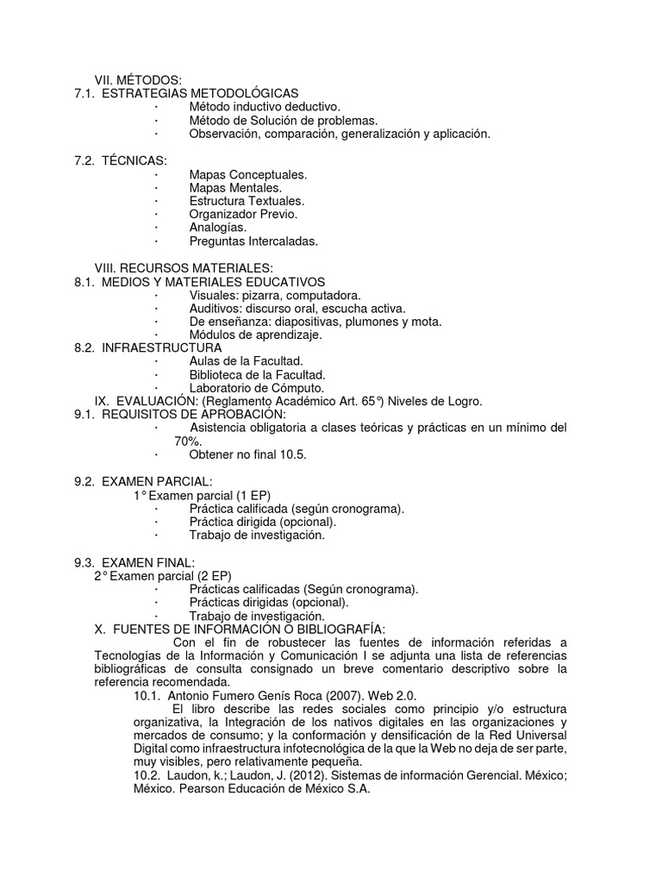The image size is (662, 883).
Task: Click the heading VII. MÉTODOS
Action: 138,80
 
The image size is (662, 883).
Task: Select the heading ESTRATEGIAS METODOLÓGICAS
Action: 200,93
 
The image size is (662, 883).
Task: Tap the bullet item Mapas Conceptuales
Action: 248,174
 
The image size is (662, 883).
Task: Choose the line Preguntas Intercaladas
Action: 253,241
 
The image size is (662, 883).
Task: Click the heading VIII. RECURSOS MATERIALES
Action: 184,268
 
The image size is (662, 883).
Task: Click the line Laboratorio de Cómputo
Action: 257,388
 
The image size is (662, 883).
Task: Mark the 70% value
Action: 188,441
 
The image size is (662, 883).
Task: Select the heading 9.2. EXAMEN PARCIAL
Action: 143,481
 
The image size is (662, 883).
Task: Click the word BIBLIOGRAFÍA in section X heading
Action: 335,629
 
